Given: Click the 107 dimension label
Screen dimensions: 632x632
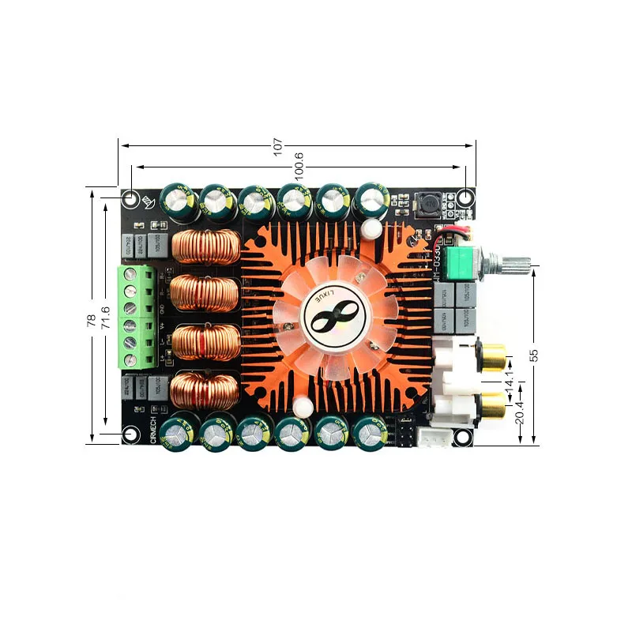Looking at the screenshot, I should click(277, 146).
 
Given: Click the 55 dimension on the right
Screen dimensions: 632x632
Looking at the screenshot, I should click(533, 355).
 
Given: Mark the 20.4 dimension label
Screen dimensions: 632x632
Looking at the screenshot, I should click(519, 412).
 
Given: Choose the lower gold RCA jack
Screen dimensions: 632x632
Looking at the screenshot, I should click(495, 408).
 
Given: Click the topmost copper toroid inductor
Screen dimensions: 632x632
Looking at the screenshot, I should click(205, 247).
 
